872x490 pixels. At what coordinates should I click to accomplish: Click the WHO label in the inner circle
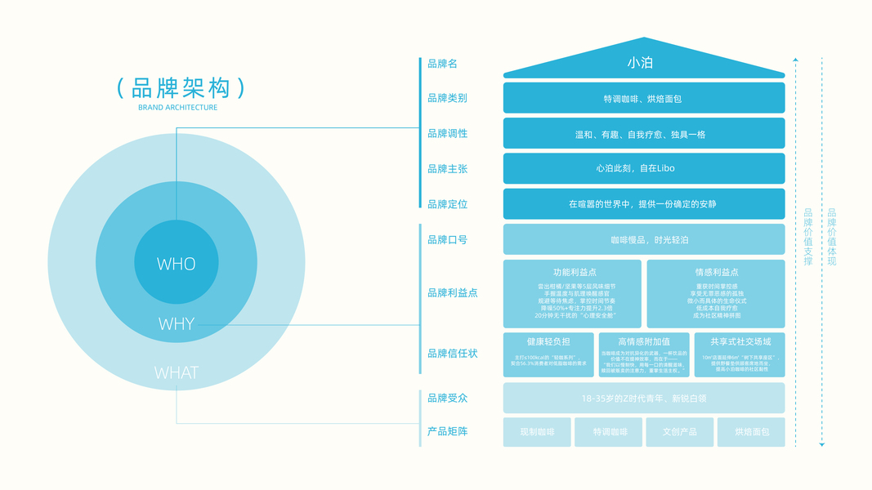click(x=177, y=264)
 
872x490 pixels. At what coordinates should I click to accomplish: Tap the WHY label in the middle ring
click(x=177, y=324)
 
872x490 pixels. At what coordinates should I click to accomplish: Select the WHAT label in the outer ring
click(x=177, y=373)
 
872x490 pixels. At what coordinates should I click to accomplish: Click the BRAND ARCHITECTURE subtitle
click(x=177, y=108)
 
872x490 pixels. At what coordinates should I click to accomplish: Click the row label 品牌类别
click(x=447, y=98)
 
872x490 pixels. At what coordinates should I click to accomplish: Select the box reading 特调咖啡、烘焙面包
click(x=643, y=98)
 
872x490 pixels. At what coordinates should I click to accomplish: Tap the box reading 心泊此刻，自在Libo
click(x=643, y=168)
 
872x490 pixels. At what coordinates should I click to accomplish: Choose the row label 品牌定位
click(x=447, y=204)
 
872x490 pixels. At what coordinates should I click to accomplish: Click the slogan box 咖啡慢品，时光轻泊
click(x=643, y=239)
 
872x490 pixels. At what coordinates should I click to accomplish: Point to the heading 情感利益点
click(x=716, y=272)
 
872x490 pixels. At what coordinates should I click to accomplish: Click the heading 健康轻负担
click(x=548, y=341)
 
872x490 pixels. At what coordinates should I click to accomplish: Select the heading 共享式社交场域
click(x=740, y=341)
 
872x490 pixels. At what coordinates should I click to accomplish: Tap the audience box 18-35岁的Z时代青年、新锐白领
click(x=643, y=398)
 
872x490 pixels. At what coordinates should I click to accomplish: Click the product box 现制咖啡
click(x=537, y=431)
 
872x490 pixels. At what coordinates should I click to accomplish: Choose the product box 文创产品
click(x=679, y=431)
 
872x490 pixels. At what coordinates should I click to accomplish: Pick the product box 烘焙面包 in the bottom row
click(x=751, y=431)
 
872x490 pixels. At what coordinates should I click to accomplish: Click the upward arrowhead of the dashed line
click(x=795, y=60)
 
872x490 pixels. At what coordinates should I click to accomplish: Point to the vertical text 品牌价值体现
click(x=832, y=237)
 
